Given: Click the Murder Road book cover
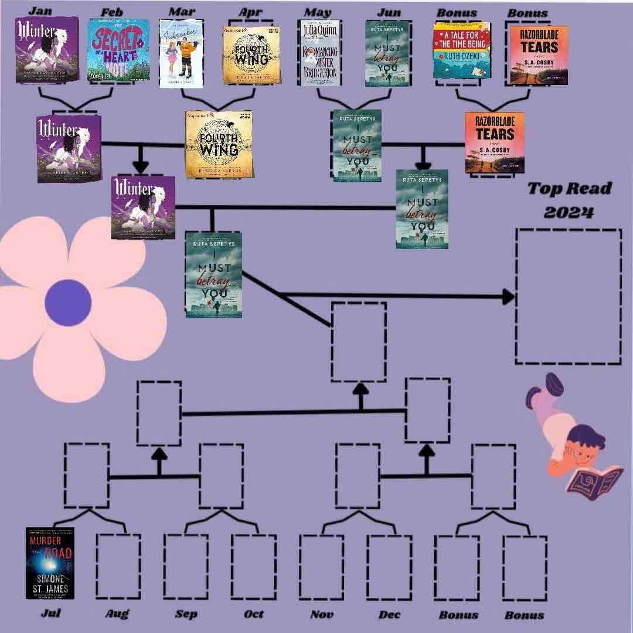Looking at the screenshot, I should point(50,563).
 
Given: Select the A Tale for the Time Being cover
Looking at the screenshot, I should point(461,50).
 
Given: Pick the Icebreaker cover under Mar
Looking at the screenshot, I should point(181,54).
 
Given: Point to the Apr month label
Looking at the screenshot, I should point(250,12).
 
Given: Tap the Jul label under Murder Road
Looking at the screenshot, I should point(51,613).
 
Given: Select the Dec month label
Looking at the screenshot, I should point(390,614).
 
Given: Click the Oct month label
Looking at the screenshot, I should point(254,614).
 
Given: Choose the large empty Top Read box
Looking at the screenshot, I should point(568,296).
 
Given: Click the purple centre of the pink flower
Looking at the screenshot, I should point(68,302).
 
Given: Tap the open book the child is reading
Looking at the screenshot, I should point(593,478).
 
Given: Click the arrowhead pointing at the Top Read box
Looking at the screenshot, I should point(508,297).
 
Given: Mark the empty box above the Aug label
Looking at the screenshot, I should point(118,566).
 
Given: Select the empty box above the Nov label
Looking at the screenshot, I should point(321,566).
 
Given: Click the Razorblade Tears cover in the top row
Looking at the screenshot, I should point(538,55).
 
